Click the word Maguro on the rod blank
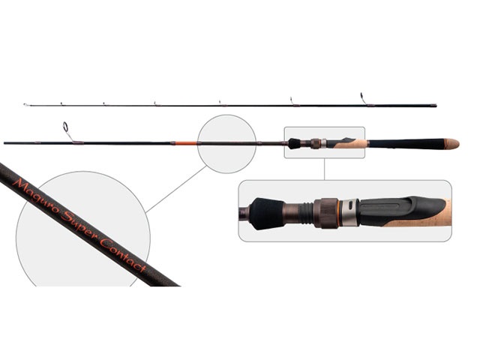[35, 196]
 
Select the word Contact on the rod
[123, 255]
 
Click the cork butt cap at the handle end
[451, 143]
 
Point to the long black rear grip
[406, 143]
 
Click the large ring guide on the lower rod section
[65, 127]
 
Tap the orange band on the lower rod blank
[185, 142]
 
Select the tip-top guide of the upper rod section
[26, 105]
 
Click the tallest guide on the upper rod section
[363, 98]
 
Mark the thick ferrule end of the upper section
[433, 106]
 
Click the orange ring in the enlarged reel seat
[337, 213]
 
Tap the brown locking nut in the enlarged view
[325, 213]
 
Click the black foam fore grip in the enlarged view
[266, 214]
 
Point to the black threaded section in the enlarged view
[306, 213]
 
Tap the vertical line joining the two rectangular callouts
[325, 169]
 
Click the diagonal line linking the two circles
[176, 189]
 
